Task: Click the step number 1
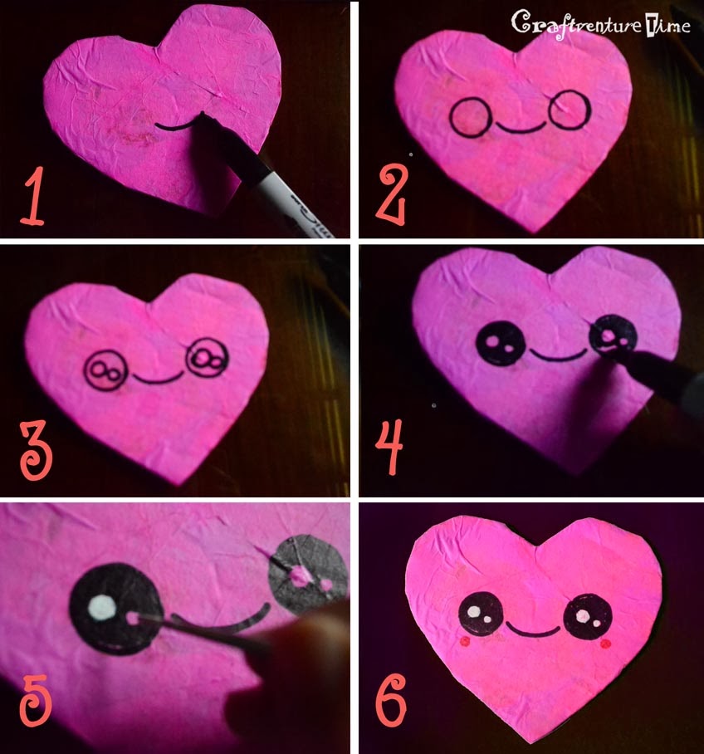coord(32,196)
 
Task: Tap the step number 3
coord(36,451)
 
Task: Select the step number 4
coord(389,448)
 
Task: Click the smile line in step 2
coord(520,130)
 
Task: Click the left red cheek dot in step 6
coord(465,640)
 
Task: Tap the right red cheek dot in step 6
coord(605,644)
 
